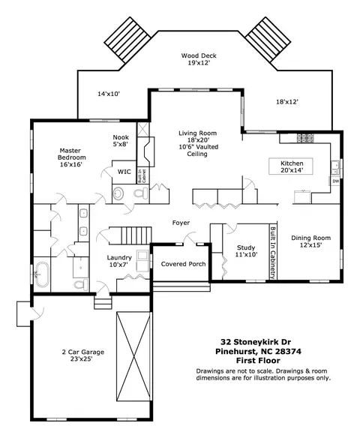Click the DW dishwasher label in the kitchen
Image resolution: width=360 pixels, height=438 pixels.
click(x=336, y=181)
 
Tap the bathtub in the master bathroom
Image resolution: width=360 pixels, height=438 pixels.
click(x=42, y=274)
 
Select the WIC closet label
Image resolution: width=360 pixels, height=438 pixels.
click(x=124, y=172)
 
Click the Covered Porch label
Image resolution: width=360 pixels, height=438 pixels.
click(x=183, y=264)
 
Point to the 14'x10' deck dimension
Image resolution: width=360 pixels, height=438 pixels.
click(x=109, y=94)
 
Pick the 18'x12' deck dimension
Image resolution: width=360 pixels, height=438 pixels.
click(x=287, y=102)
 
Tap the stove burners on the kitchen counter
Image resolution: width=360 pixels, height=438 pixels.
click(x=305, y=137)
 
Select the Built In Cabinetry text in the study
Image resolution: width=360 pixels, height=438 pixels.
click(x=273, y=253)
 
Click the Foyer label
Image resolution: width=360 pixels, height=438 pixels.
click(x=181, y=223)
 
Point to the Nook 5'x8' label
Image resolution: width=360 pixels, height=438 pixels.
click(x=121, y=141)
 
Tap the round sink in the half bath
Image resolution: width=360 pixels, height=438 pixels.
click(x=118, y=193)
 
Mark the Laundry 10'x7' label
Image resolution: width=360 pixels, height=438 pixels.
click(x=119, y=261)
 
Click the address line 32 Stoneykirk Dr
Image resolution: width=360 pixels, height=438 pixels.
click(x=256, y=342)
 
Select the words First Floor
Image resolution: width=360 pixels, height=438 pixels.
click(x=258, y=361)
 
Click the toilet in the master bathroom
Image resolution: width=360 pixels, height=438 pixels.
click(x=81, y=285)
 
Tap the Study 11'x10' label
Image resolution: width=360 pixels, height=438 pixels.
click(x=246, y=250)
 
